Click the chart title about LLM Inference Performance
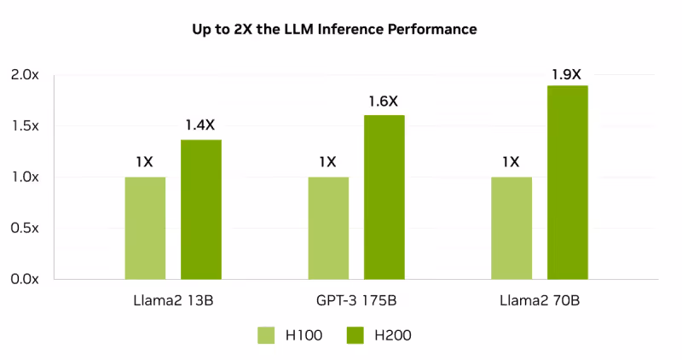pyautogui.click(x=334, y=29)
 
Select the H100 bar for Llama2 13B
pyautogui.click(x=145, y=228)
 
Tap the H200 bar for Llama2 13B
pyautogui.click(x=201, y=209)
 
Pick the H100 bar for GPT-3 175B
pyautogui.click(x=328, y=228)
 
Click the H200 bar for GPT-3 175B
pyautogui.click(x=384, y=197)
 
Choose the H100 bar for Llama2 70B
pyautogui.click(x=511, y=228)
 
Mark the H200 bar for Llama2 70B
pyautogui.click(x=568, y=183)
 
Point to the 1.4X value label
pyautogui.click(x=200, y=125)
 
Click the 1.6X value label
pyautogui.click(x=384, y=102)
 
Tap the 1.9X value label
pyautogui.click(x=567, y=73)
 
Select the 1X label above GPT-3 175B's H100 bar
pyautogui.click(x=328, y=162)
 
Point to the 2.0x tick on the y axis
pyautogui.click(x=25, y=75)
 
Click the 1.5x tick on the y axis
pyautogui.click(x=25, y=126)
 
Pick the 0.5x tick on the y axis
pyautogui.click(x=25, y=228)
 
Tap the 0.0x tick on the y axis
pyautogui.click(x=25, y=279)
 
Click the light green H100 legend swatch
pyautogui.click(x=267, y=335)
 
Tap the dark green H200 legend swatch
pyautogui.click(x=355, y=335)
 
